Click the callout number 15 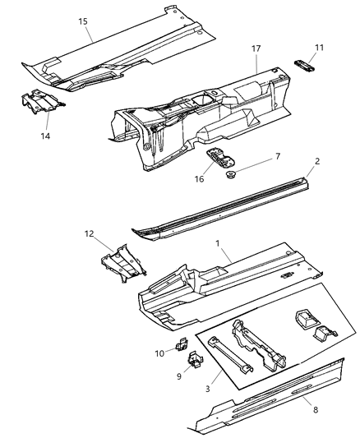(83, 21)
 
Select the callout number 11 (319, 48)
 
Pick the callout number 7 (255, 156)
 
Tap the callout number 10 (159, 353)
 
